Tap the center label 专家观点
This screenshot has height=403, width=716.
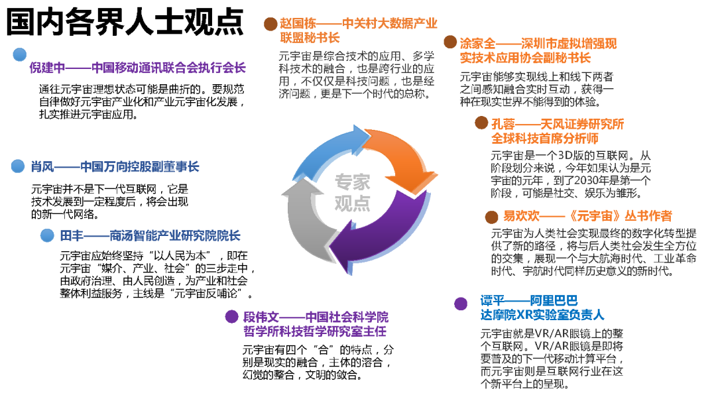[x=352, y=192]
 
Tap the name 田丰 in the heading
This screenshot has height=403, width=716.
[x=70, y=236]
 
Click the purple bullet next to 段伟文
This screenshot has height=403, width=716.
[x=231, y=317]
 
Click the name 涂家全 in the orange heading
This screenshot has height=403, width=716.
[x=477, y=44]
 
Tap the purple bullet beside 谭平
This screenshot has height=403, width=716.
[x=461, y=304]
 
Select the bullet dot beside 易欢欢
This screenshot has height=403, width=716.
[x=492, y=217]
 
